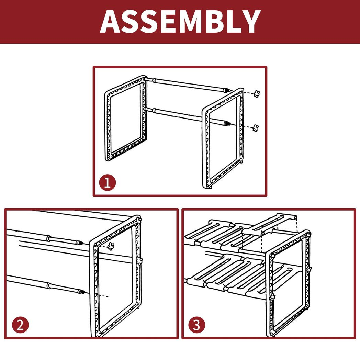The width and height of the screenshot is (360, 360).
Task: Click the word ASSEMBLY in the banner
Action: [180, 22]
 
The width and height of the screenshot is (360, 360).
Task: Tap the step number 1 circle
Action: [107, 183]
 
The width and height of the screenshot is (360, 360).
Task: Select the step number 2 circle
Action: [20, 325]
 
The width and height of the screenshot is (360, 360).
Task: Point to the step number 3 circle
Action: [197, 325]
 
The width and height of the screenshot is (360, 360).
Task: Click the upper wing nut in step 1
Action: [257, 94]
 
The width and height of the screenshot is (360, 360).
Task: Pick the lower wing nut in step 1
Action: [255, 128]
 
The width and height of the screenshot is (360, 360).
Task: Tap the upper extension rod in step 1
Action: [187, 85]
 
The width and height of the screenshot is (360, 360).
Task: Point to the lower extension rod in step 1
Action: [187, 116]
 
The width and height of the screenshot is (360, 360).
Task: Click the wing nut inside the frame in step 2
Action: [111, 246]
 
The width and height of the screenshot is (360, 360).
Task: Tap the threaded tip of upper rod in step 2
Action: [80, 243]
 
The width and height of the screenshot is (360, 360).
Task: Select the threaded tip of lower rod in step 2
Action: [81, 292]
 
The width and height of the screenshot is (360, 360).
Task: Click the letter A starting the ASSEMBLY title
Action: [110, 22]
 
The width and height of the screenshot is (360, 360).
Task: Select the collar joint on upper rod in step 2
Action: [49, 238]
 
